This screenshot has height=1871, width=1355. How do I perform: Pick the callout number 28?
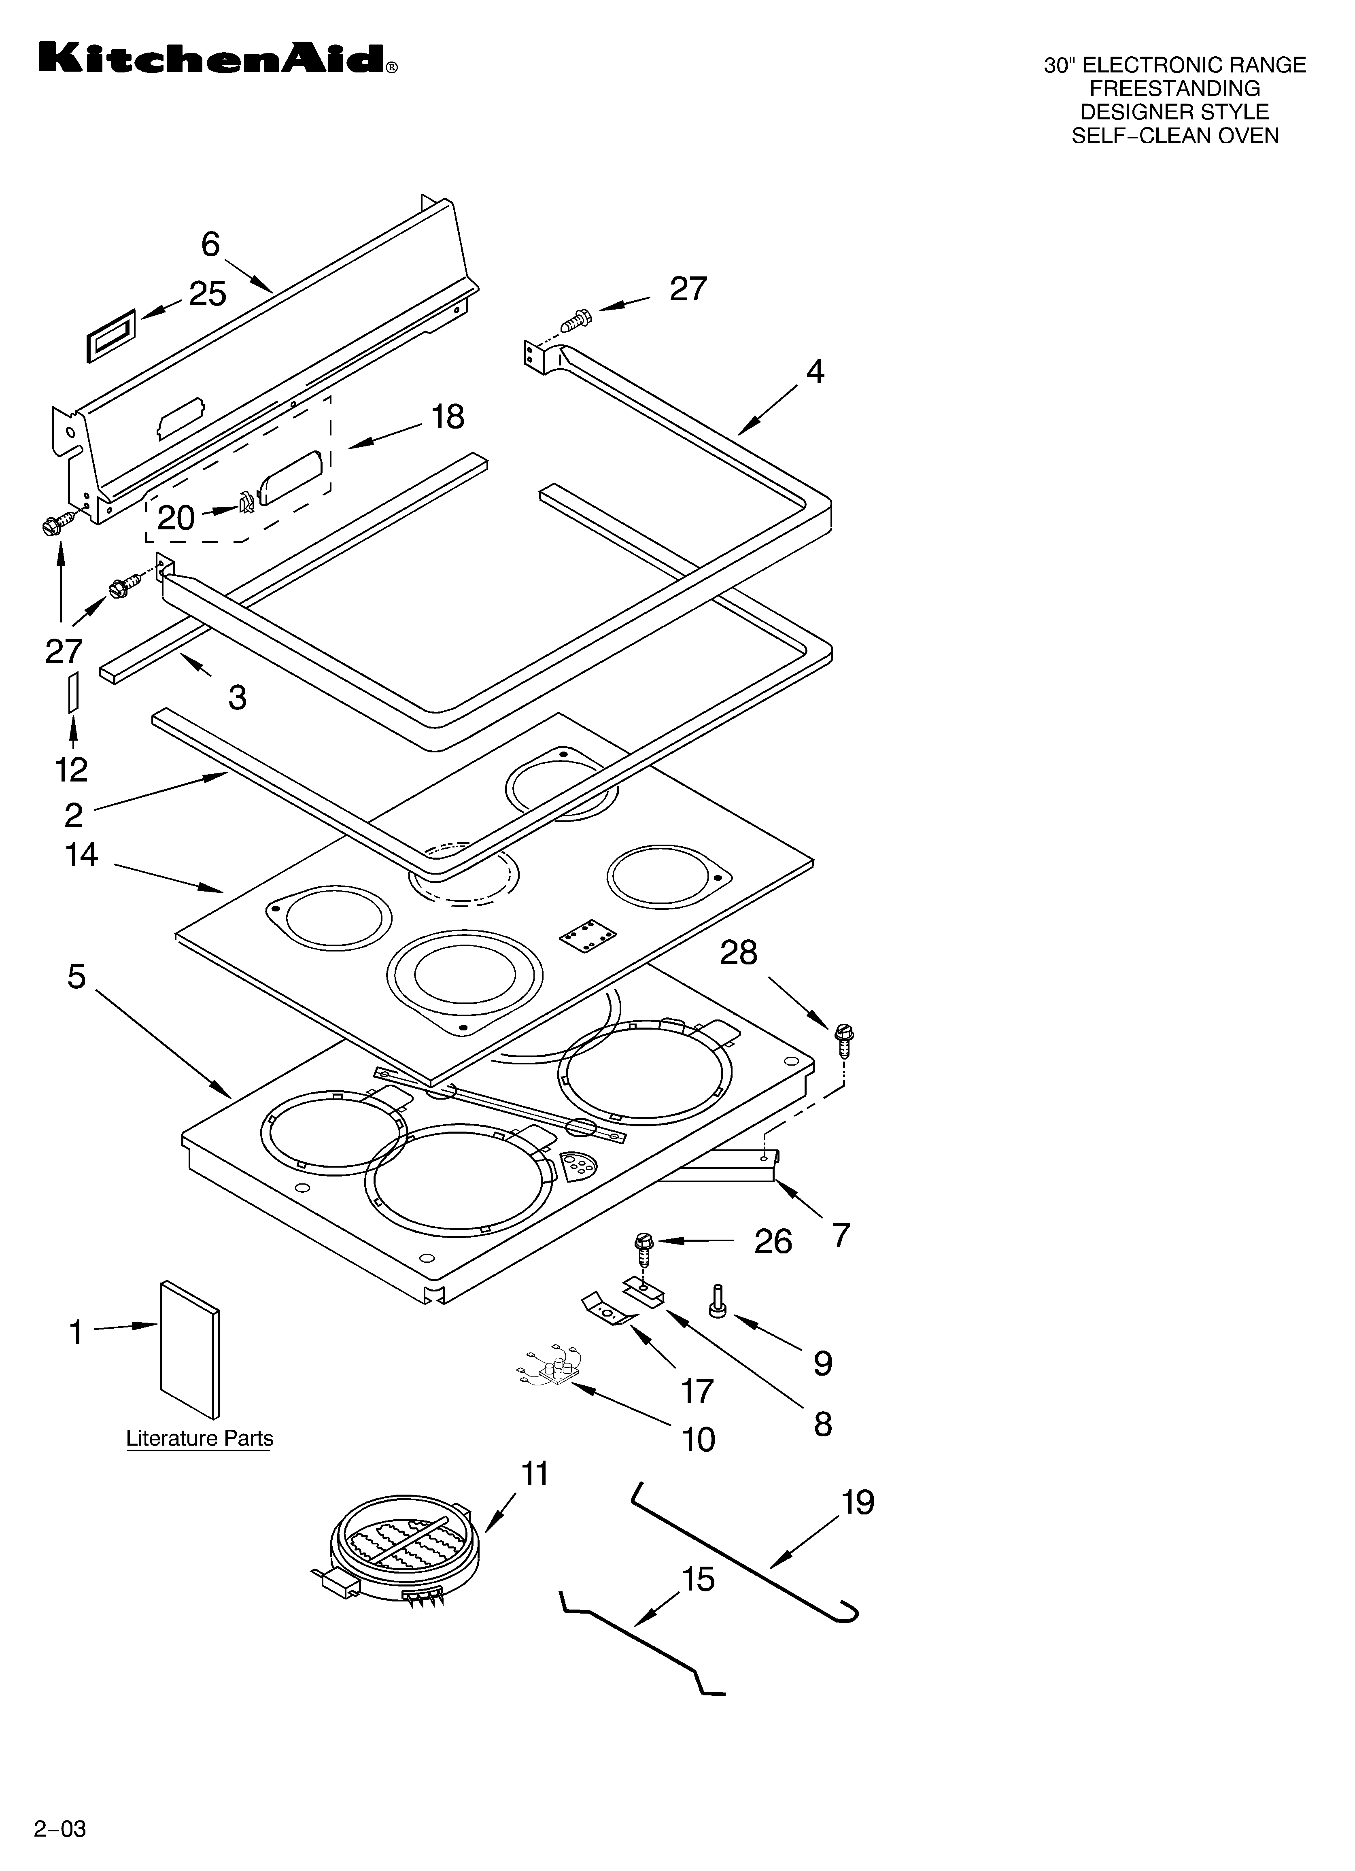[739, 953]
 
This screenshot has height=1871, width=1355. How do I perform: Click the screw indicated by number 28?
[844, 1041]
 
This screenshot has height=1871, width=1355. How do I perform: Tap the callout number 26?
[773, 1242]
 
